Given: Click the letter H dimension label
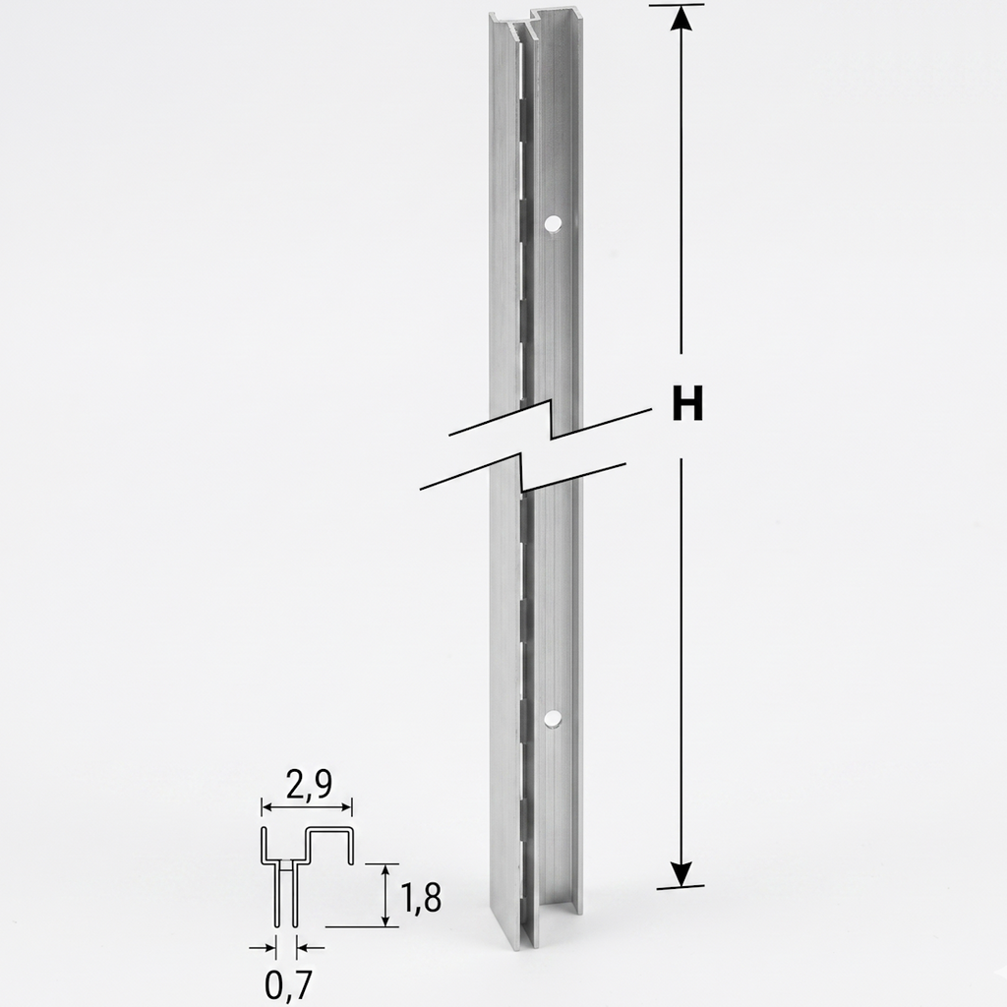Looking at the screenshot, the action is [x=686, y=403].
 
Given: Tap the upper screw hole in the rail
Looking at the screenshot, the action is [x=552, y=224].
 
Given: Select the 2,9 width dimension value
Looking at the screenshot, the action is [x=310, y=785].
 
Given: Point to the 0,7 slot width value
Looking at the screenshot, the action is [x=288, y=984].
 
